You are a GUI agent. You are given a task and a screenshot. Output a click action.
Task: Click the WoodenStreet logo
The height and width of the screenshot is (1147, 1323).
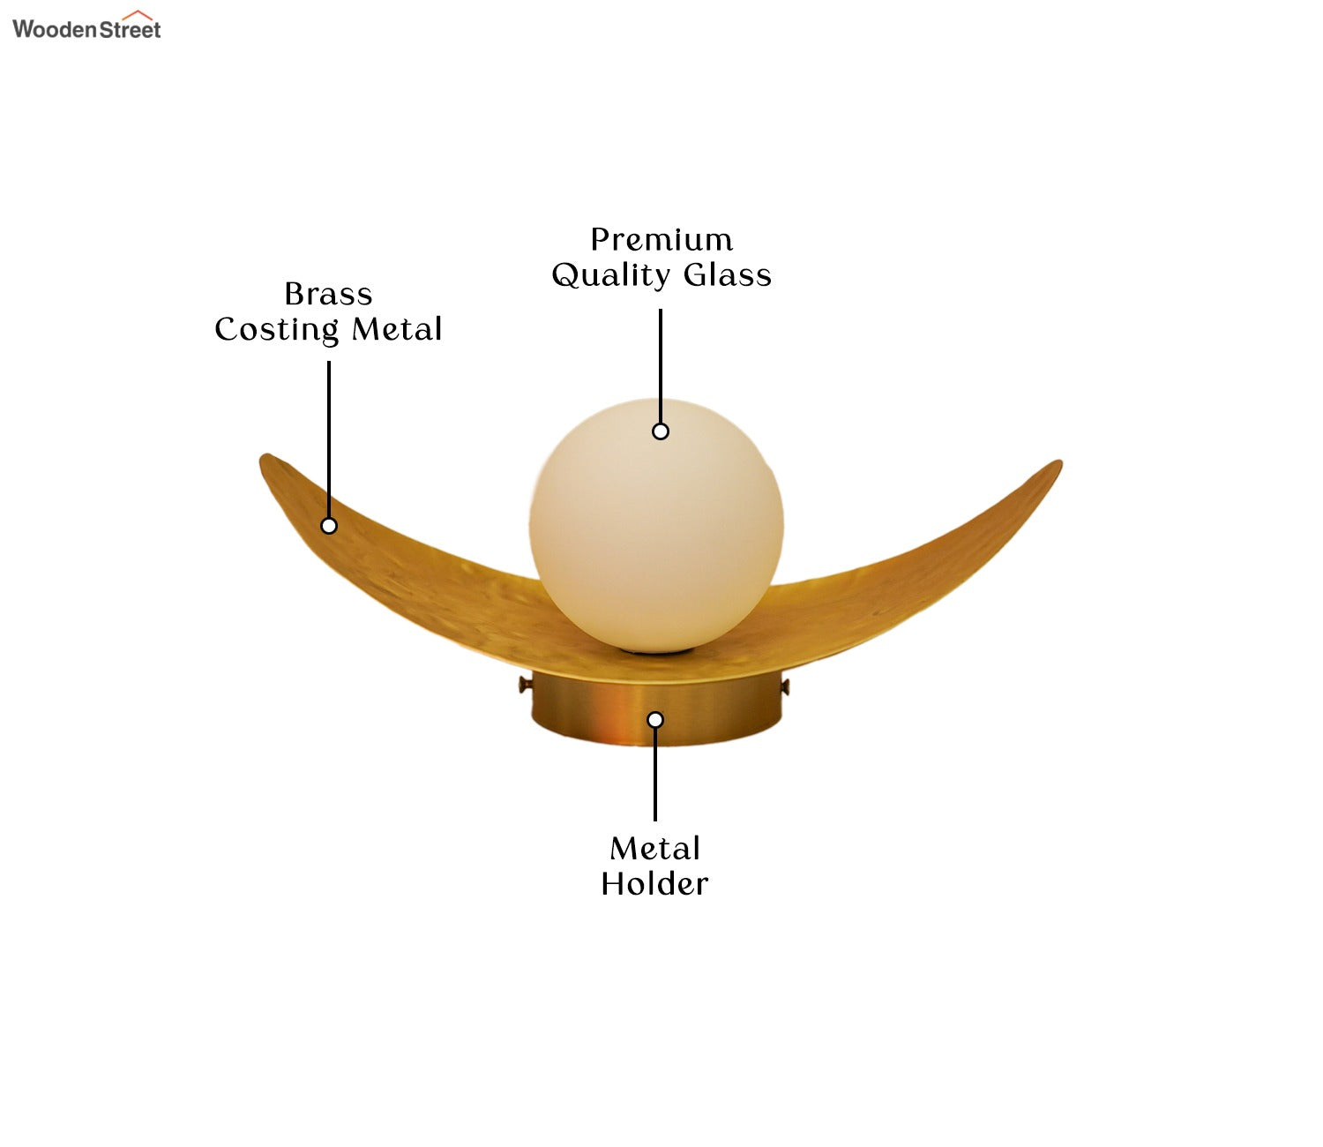click(x=86, y=26)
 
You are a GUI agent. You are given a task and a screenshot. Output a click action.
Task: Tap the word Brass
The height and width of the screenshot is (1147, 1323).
click(x=328, y=295)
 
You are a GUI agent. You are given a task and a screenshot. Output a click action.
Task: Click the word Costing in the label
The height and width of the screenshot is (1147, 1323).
click(x=276, y=331)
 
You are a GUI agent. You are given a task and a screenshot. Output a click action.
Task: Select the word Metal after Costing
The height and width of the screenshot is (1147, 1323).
click(x=397, y=329)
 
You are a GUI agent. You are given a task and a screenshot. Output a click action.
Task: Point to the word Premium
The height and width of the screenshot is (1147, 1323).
click(x=661, y=239)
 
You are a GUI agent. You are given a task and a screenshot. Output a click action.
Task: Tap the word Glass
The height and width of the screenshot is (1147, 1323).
click(x=727, y=274)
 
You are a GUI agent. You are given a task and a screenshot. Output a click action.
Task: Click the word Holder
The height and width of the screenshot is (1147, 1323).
click(x=654, y=884)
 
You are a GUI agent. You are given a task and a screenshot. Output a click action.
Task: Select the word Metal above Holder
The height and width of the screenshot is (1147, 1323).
click(x=654, y=849)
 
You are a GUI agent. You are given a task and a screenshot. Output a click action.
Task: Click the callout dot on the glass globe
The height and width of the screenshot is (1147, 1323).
click(x=660, y=431)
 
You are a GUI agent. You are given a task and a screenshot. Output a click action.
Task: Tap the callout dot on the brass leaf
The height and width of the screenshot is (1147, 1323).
click(x=328, y=526)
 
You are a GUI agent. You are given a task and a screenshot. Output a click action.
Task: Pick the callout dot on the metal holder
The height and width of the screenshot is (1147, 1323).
click(x=654, y=720)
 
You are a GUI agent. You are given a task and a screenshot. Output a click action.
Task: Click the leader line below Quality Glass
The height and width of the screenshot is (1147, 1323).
click(x=660, y=366)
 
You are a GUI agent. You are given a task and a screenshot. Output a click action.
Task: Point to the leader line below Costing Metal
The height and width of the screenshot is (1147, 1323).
click(x=328, y=439)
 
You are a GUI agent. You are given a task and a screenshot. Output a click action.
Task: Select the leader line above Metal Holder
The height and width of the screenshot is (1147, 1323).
click(x=654, y=775)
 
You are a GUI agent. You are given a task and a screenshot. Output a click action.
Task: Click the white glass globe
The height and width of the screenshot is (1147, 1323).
click(x=656, y=526)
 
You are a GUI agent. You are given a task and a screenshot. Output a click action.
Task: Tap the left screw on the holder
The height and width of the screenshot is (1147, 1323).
click(x=525, y=684)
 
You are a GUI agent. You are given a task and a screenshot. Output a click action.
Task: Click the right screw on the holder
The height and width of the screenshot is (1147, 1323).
click(x=785, y=688)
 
